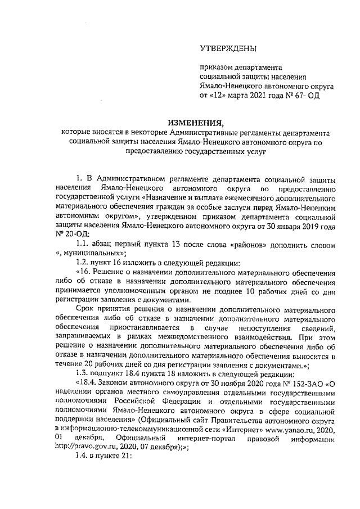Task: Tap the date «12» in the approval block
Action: click(x=218, y=96)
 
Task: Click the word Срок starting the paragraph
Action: click(x=84, y=310)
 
